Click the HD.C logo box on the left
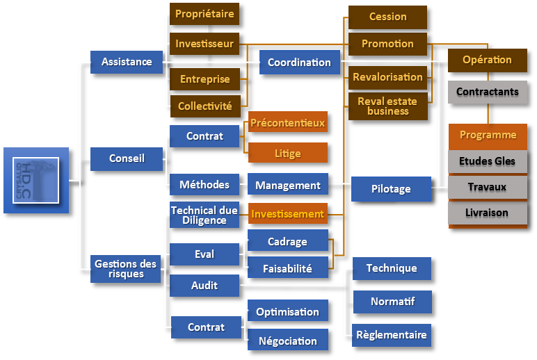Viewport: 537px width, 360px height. (36, 180)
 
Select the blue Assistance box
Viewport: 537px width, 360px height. (126, 62)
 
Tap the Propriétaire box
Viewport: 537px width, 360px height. (205, 14)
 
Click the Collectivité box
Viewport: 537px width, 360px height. (205, 106)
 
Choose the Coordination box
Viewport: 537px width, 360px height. (299, 63)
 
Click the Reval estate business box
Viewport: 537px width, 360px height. (387, 106)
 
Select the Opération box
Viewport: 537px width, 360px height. (487, 60)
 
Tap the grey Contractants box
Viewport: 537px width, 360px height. (487, 92)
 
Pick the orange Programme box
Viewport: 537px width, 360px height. (488, 135)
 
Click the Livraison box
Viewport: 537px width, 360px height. (487, 213)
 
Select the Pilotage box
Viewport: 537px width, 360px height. (391, 189)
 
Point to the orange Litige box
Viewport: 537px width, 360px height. (287, 152)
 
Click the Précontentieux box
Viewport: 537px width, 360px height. (287, 123)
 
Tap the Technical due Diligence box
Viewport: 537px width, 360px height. (205, 215)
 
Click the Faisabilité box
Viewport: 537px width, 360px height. (287, 267)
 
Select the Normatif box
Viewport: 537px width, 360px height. (393, 302)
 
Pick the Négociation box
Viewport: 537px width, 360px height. (287, 341)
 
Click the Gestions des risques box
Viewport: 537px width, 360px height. (126, 269)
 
